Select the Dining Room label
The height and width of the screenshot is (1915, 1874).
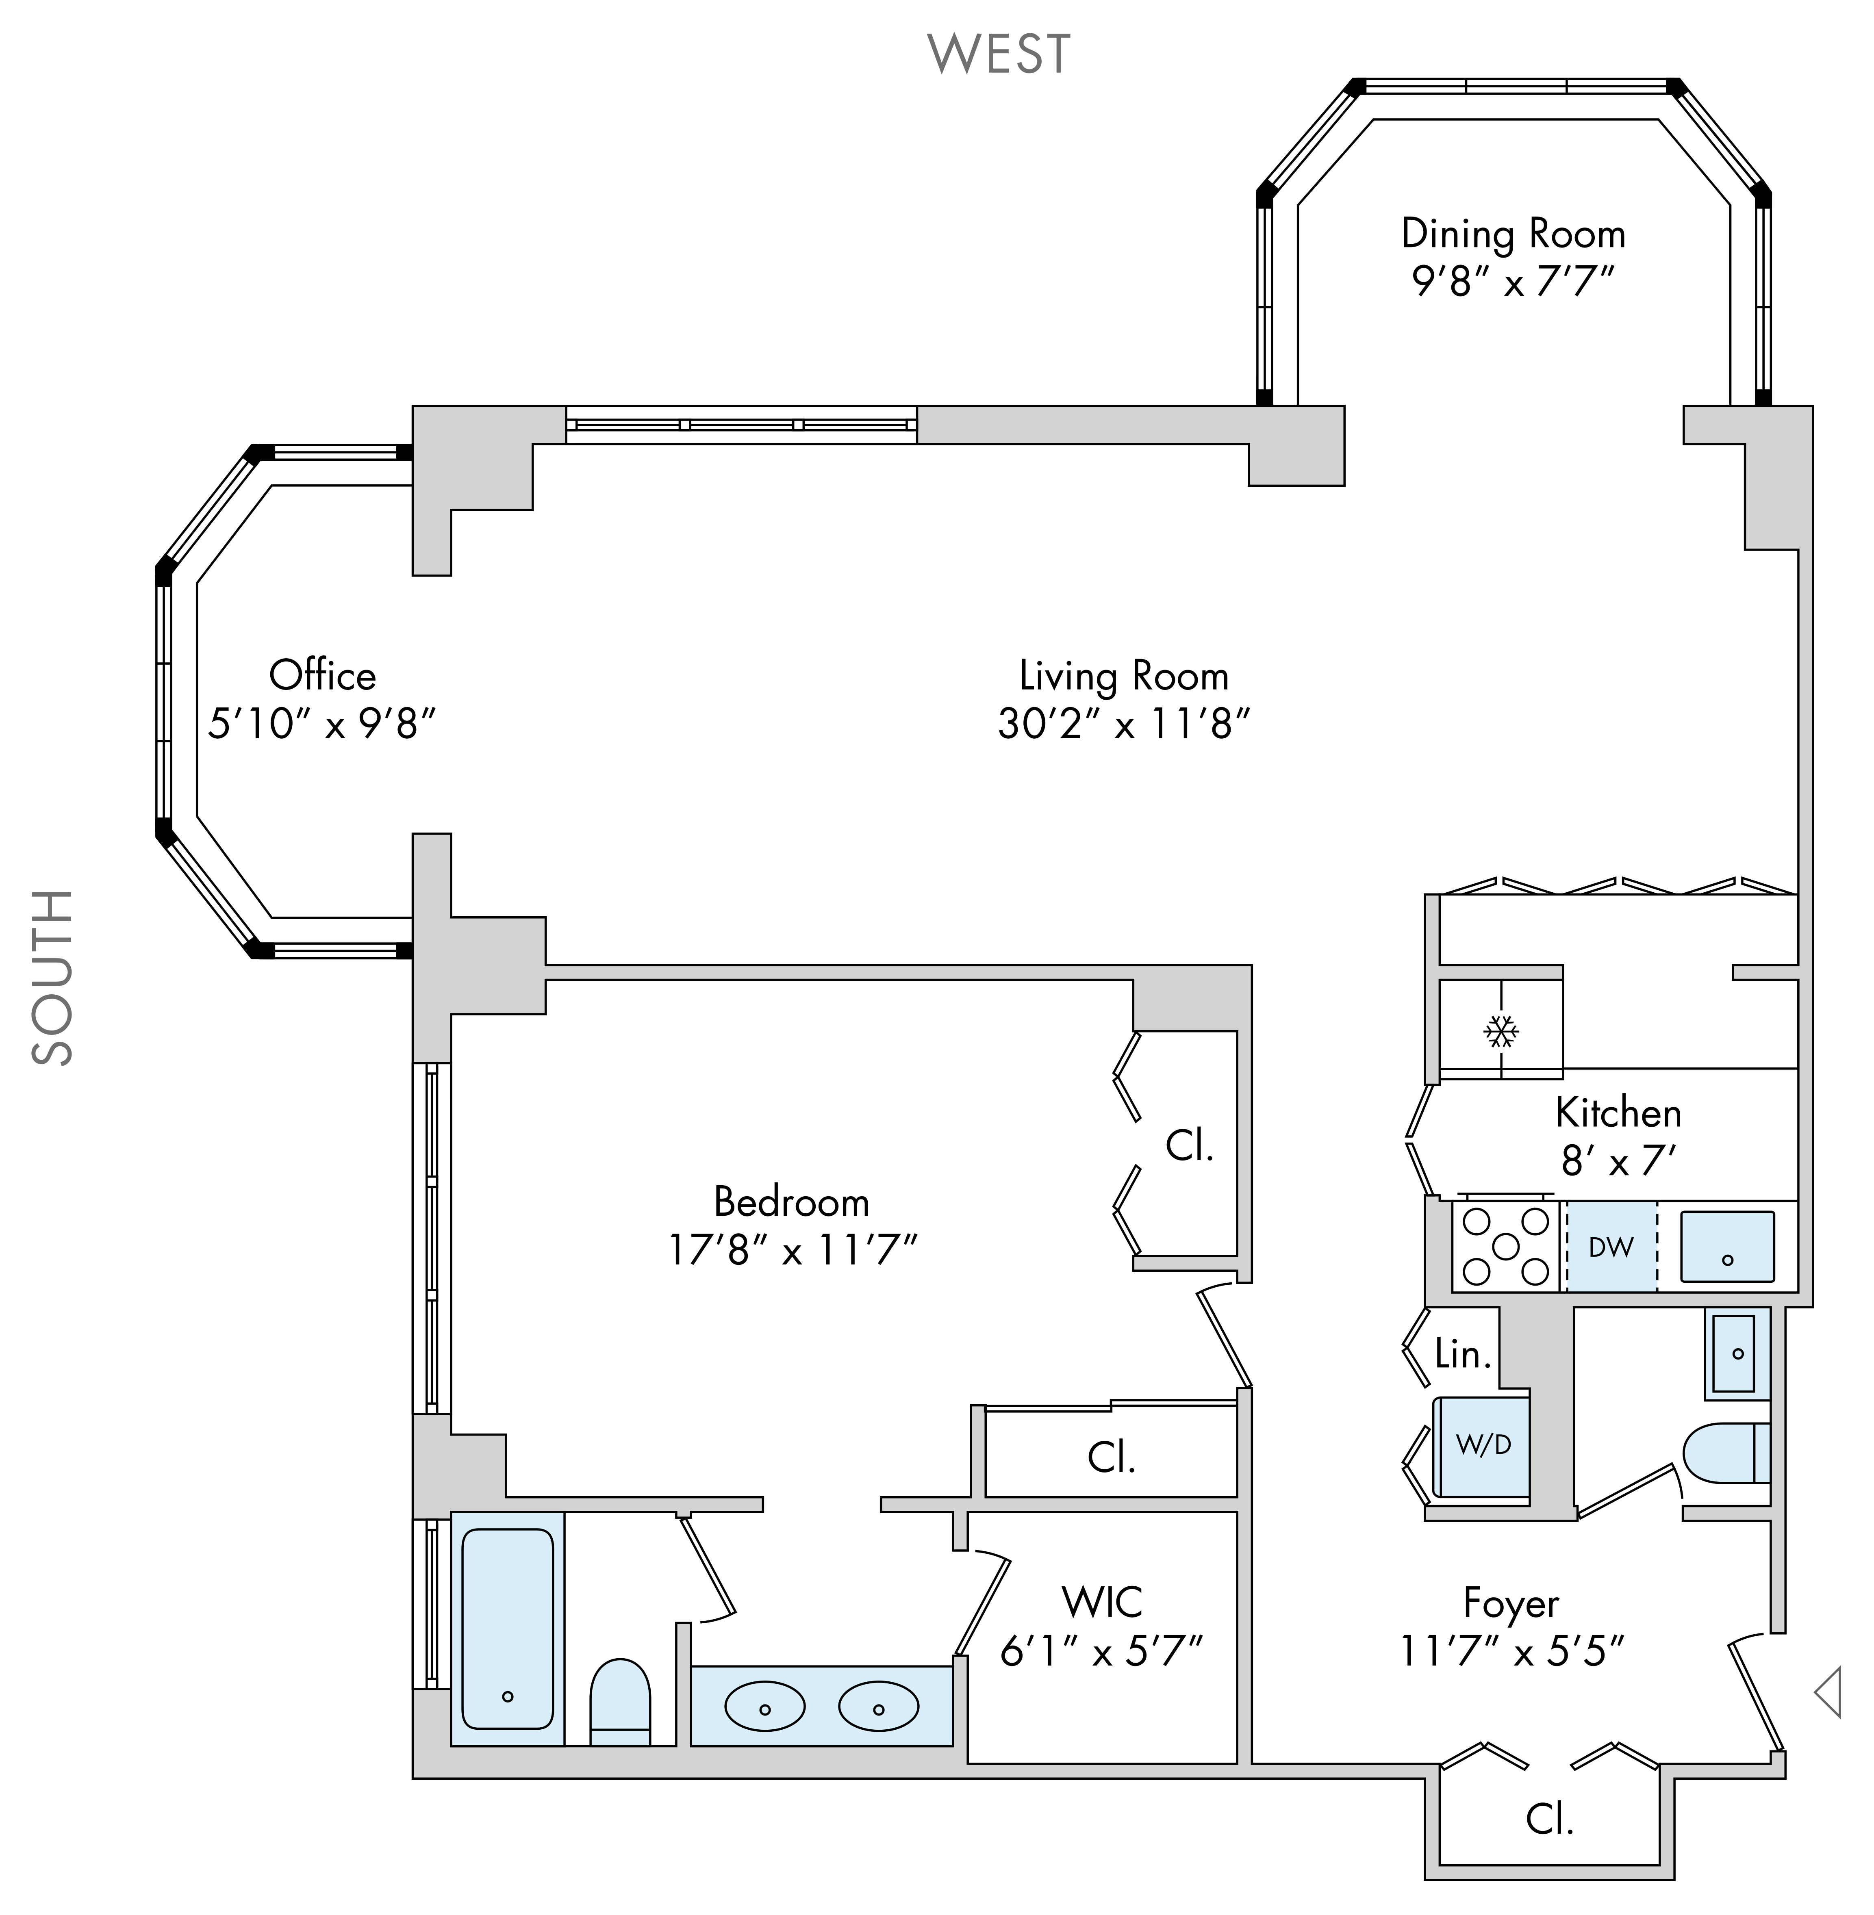[1513, 234]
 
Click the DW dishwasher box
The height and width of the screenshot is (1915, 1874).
[1611, 1247]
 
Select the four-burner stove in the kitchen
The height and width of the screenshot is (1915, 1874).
[1506, 1246]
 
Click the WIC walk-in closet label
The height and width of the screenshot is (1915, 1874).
[1102, 1603]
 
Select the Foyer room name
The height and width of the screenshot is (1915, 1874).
[1511, 1603]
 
